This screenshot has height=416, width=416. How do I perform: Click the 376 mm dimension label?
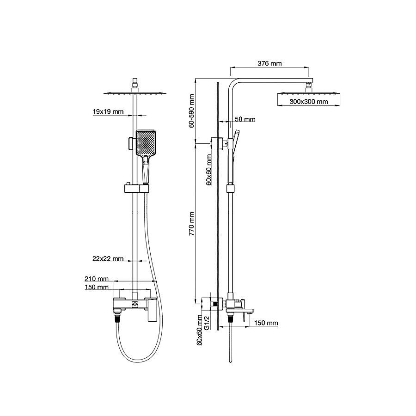(269, 63)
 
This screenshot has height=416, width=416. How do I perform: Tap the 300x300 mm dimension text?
(309, 102)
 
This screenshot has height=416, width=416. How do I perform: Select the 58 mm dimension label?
(245, 119)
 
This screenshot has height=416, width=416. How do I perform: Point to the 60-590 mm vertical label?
(191, 110)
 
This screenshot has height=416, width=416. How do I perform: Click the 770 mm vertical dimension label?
(191, 224)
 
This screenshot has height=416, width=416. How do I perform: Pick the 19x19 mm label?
(108, 111)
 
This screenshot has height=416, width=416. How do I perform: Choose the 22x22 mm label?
(108, 258)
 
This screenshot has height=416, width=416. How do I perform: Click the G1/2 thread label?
(207, 323)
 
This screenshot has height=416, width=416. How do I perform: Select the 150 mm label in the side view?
(266, 323)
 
